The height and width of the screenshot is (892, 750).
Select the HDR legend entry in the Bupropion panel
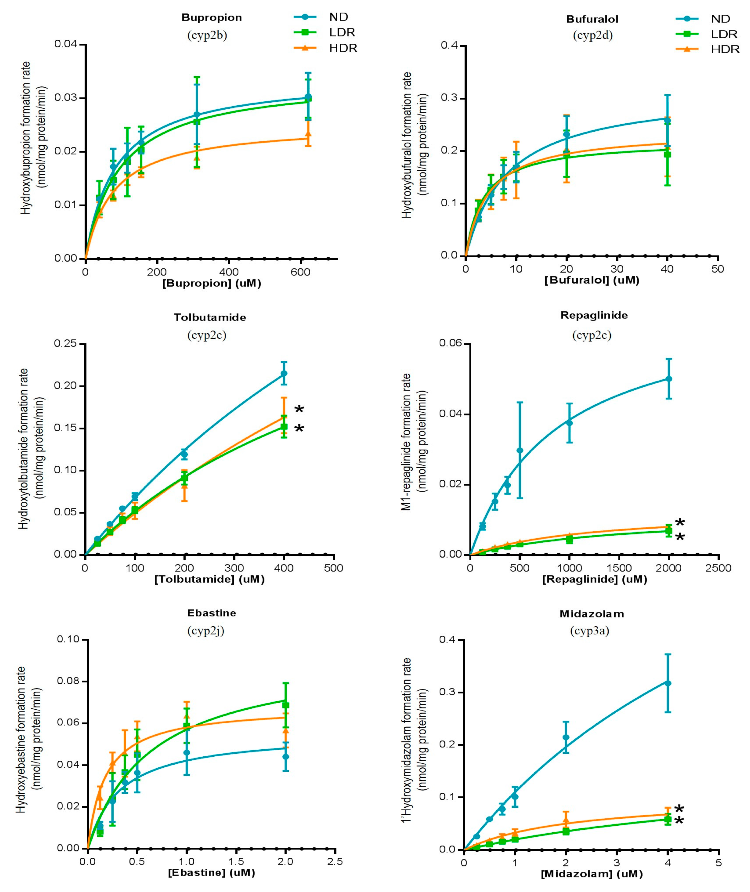coord(343,48)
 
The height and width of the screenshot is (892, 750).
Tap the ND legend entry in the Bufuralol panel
coord(720,19)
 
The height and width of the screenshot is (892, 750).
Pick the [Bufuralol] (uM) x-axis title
coord(592,280)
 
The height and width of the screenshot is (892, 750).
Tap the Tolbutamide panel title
coord(210,317)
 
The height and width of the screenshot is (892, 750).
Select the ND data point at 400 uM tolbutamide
coord(284,373)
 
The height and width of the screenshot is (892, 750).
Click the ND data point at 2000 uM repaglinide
coord(668,378)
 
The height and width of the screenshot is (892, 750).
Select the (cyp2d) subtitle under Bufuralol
coord(593,35)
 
